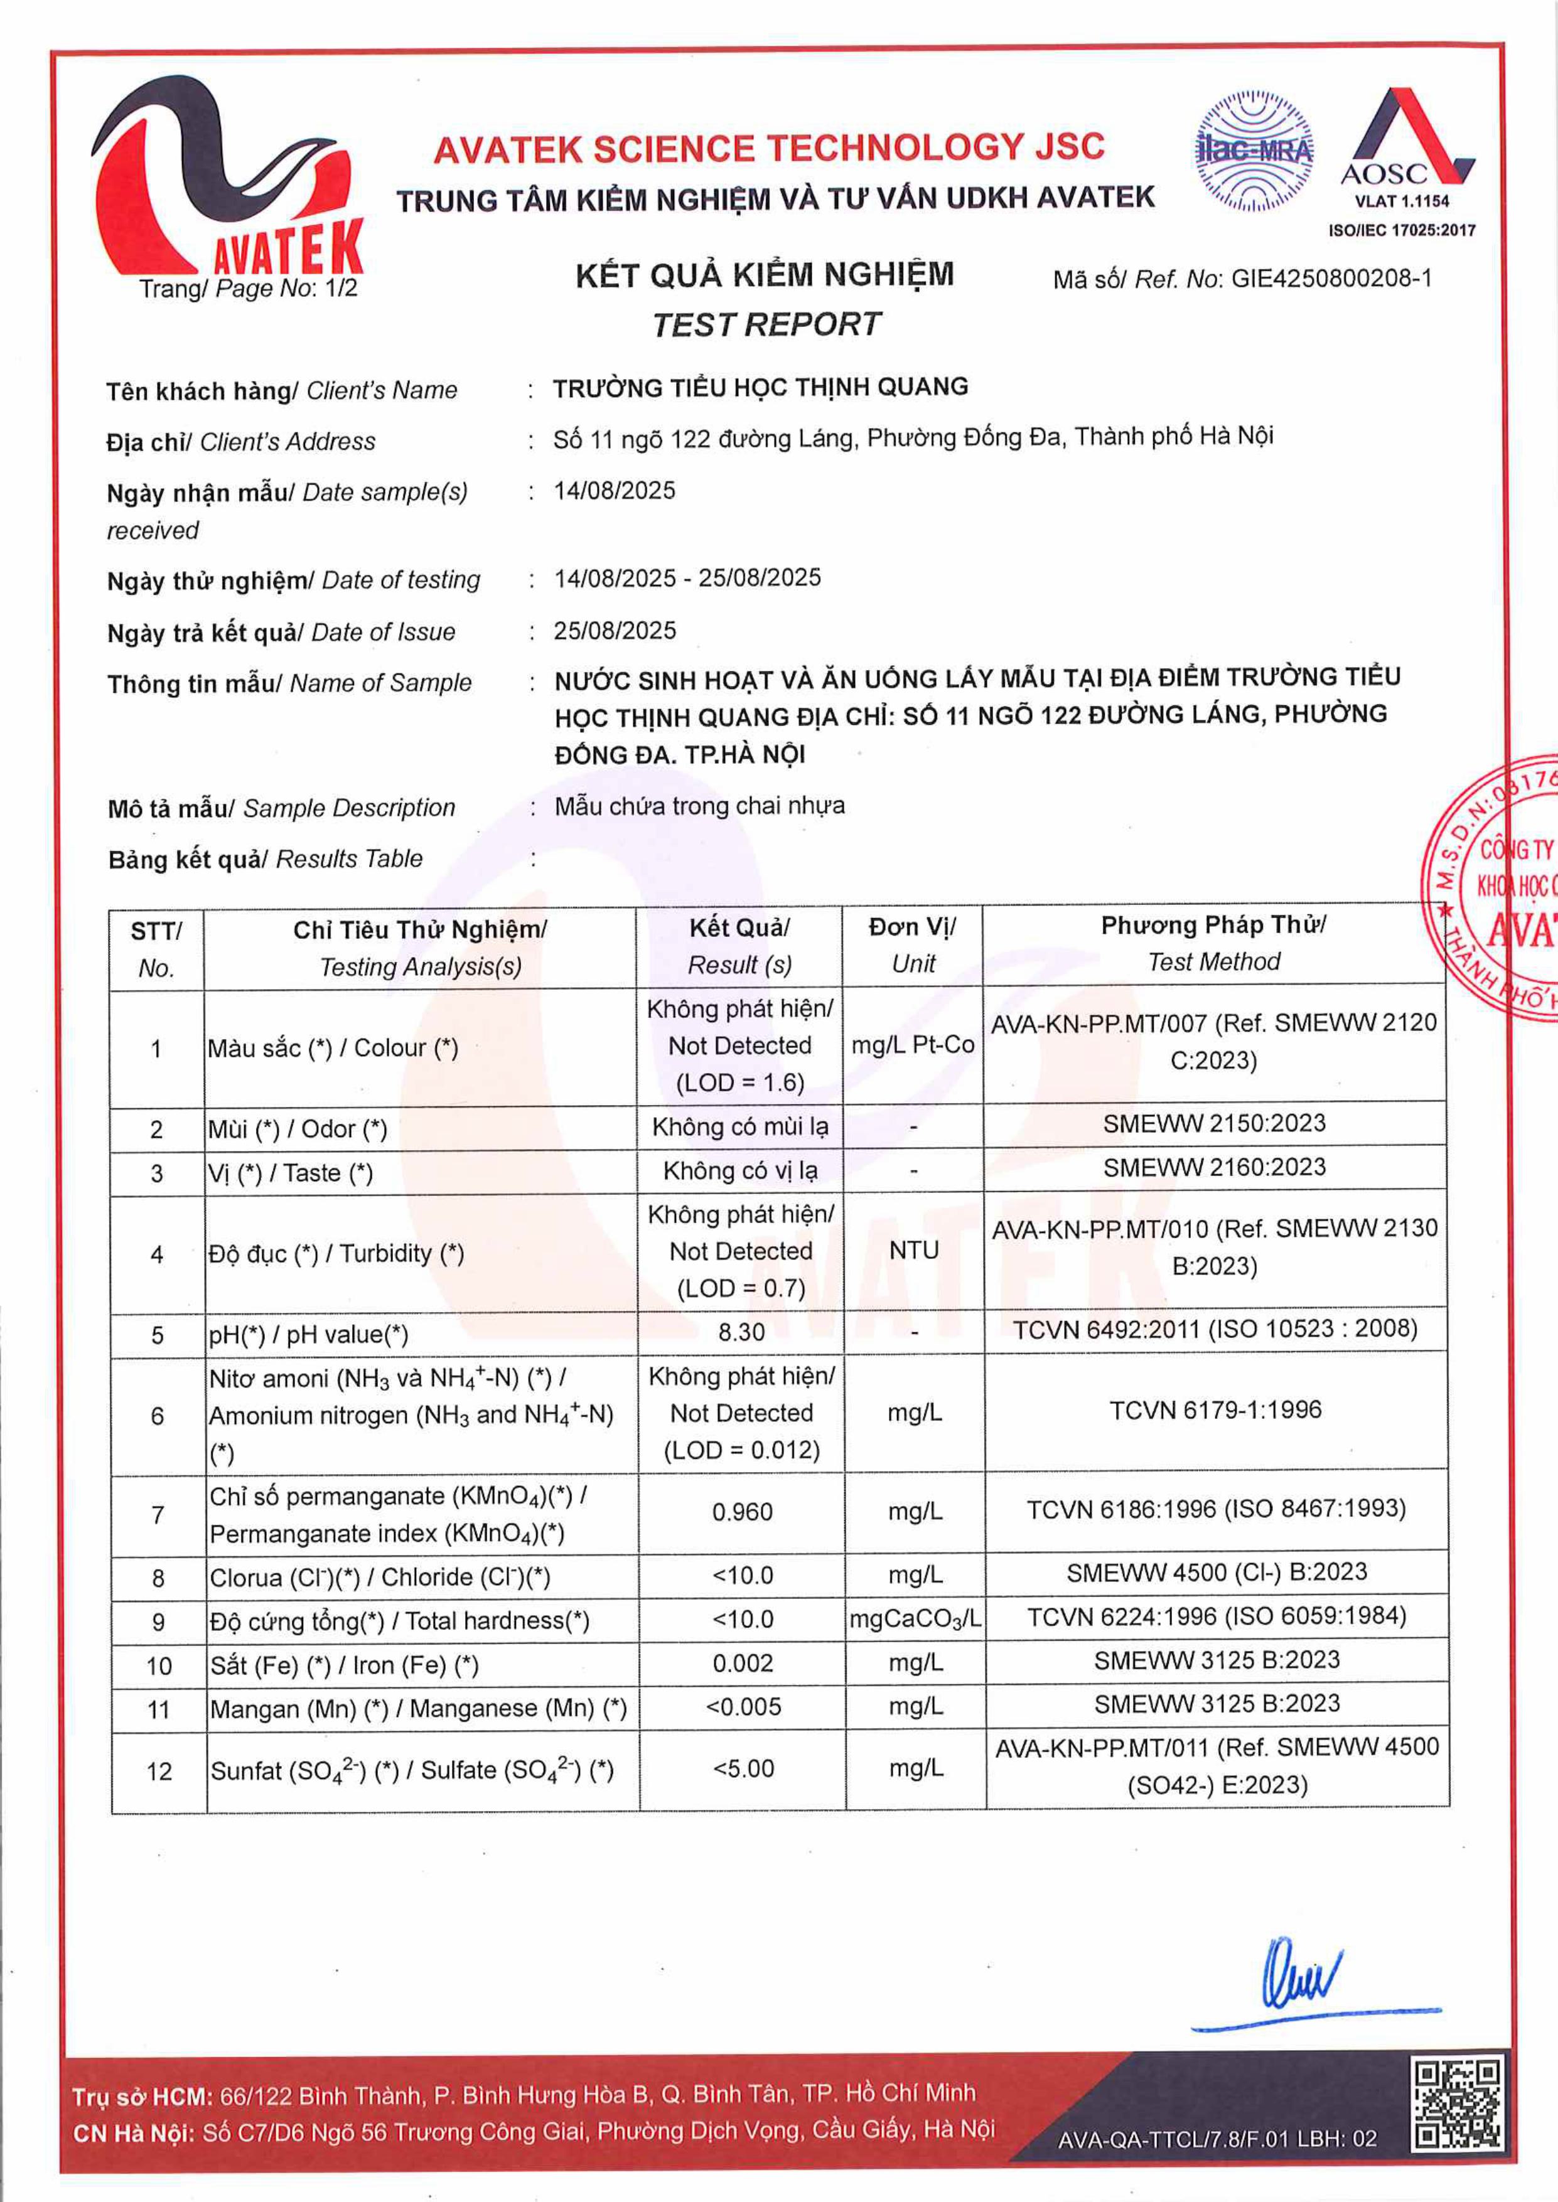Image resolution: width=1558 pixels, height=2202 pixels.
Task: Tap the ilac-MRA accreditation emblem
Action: click(1254, 151)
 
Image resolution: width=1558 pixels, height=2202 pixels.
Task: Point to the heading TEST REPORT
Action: click(766, 325)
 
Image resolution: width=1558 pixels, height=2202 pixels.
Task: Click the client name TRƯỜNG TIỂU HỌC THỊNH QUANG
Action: click(760, 387)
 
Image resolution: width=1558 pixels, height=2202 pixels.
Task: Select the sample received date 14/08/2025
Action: click(614, 491)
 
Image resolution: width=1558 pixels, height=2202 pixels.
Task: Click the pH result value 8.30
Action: click(741, 1333)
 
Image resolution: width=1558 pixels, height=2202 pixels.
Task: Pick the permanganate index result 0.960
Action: click(741, 1512)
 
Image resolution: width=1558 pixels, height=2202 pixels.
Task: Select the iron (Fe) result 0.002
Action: click(743, 1663)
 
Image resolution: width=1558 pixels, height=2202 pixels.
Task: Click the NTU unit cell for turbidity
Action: click(913, 1251)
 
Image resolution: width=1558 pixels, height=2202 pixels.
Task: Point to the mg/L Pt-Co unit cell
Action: click(912, 1045)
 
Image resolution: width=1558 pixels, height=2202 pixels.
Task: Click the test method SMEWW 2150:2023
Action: click(1213, 1124)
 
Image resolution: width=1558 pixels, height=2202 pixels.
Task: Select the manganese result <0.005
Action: click(743, 1707)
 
